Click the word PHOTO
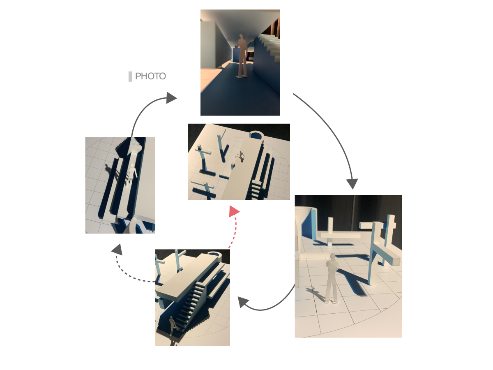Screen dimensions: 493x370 (x=150, y=76)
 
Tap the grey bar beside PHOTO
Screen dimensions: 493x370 (x=130, y=76)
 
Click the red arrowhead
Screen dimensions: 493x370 (x=234, y=211)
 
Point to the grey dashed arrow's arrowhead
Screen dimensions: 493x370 (x=117, y=250)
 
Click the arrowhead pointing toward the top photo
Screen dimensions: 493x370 (x=171, y=98)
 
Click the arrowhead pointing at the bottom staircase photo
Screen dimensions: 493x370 (x=243, y=302)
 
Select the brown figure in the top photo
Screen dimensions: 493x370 (x=242, y=56)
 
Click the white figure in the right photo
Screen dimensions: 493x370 (x=332, y=278)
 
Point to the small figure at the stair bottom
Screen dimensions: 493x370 (x=172, y=326)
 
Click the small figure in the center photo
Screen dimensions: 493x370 (x=241, y=156)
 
